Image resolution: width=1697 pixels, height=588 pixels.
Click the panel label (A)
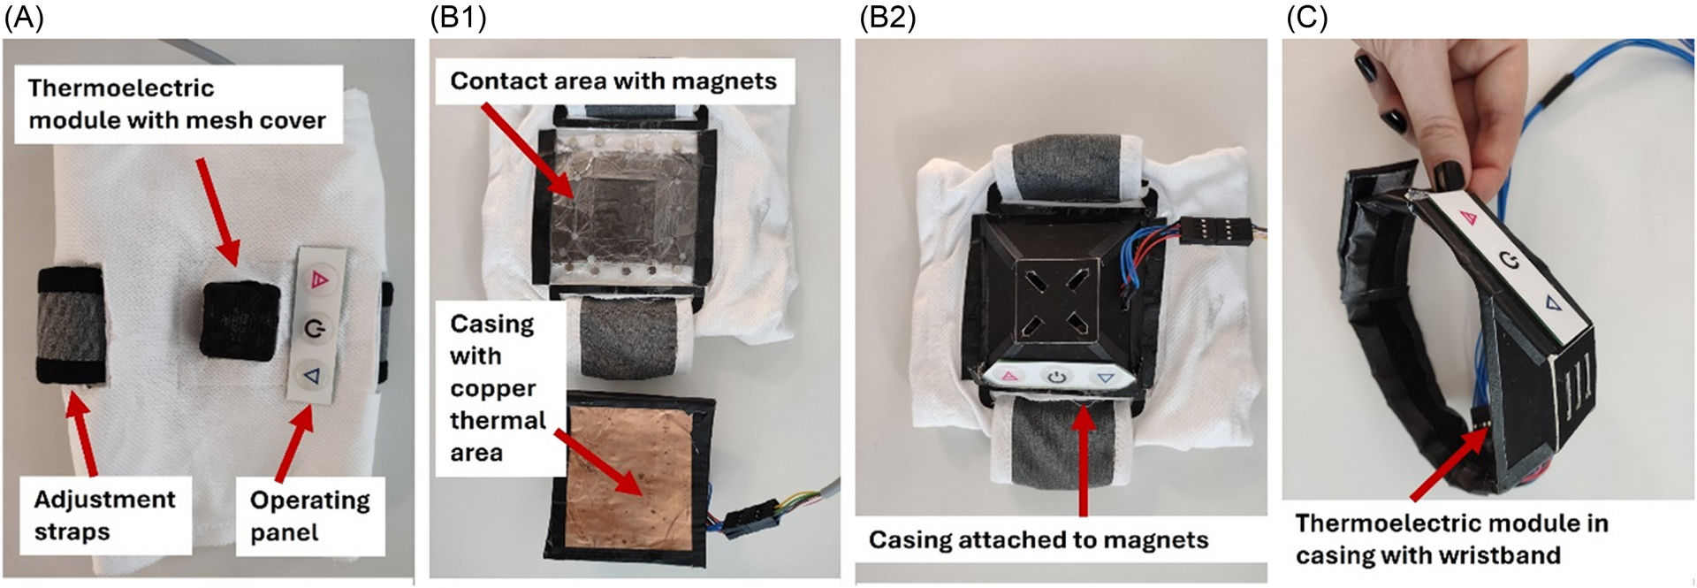tap(24, 18)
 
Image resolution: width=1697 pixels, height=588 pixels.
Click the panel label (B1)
tap(458, 18)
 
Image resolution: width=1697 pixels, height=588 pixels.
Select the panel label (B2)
tap(887, 18)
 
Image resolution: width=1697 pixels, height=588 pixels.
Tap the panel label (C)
tap(1306, 18)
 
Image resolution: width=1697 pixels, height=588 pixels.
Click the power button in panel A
tap(315, 330)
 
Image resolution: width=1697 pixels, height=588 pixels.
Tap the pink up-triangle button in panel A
tap(317, 281)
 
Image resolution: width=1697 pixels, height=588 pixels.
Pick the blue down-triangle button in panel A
tap(312, 377)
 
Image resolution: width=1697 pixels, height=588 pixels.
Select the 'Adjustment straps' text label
tap(104, 515)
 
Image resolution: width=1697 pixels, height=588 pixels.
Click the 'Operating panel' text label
tap(309, 515)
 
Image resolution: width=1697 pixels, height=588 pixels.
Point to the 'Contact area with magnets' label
tap(613, 81)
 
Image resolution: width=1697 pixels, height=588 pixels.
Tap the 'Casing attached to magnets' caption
tap(1038, 539)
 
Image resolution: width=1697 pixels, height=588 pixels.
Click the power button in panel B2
tap(1057, 377)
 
